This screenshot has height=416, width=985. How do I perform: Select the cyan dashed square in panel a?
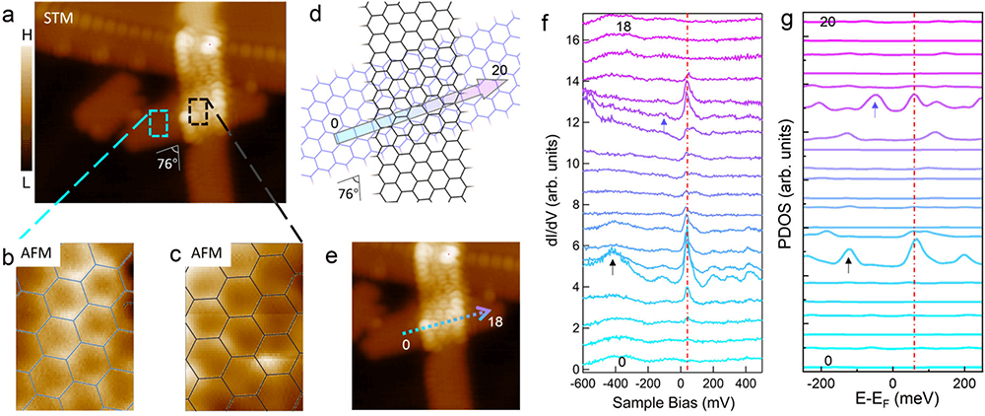click(x=158, y=122)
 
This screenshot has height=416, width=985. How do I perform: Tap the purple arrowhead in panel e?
click(x=485, y=313)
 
